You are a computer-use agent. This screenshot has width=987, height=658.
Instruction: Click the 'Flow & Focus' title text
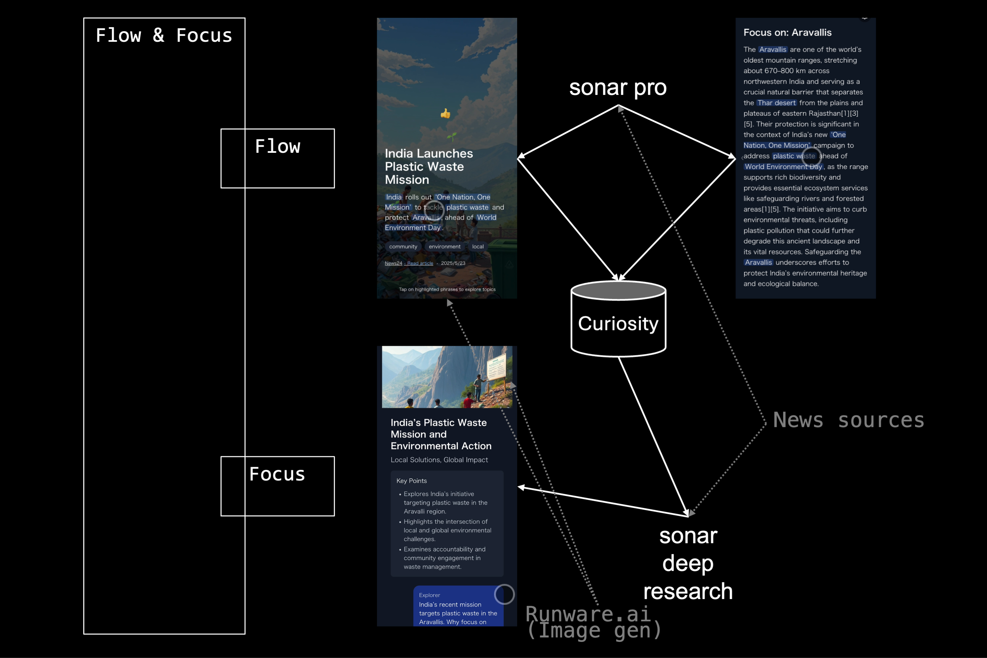[164, 35]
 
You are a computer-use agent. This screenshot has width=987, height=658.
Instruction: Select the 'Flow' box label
[277, 146]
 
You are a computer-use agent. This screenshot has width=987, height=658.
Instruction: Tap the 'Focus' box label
[277, 474]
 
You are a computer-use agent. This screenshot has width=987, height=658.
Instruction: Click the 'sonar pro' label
[618, 88]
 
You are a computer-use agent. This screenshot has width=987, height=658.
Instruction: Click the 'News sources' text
[849, 420]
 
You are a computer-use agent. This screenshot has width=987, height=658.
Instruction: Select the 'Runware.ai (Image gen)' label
[593, 622]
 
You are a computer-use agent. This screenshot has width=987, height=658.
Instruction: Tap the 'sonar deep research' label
[688, 563]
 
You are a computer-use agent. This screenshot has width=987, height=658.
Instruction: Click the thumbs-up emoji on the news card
[446, 113]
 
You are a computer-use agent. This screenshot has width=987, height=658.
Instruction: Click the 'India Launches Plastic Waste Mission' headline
[429, 167]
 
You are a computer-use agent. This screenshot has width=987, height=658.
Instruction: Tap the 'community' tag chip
[403, 247]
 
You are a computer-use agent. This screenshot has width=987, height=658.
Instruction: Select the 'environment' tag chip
[444, 247]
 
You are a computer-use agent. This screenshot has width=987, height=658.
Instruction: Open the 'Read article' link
[420, 264]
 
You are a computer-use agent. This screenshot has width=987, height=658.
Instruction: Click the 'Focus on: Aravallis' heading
[787, 33]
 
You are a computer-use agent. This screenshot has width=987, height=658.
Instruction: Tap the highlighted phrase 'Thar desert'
[776, 103]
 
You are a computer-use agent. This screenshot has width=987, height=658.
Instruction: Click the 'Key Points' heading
[411, 481]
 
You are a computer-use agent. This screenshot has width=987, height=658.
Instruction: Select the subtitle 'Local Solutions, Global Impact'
[439, 460]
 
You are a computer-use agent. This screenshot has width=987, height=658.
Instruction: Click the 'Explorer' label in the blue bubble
[429, 595]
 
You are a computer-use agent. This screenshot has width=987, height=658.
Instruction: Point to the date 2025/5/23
[453, 264]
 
